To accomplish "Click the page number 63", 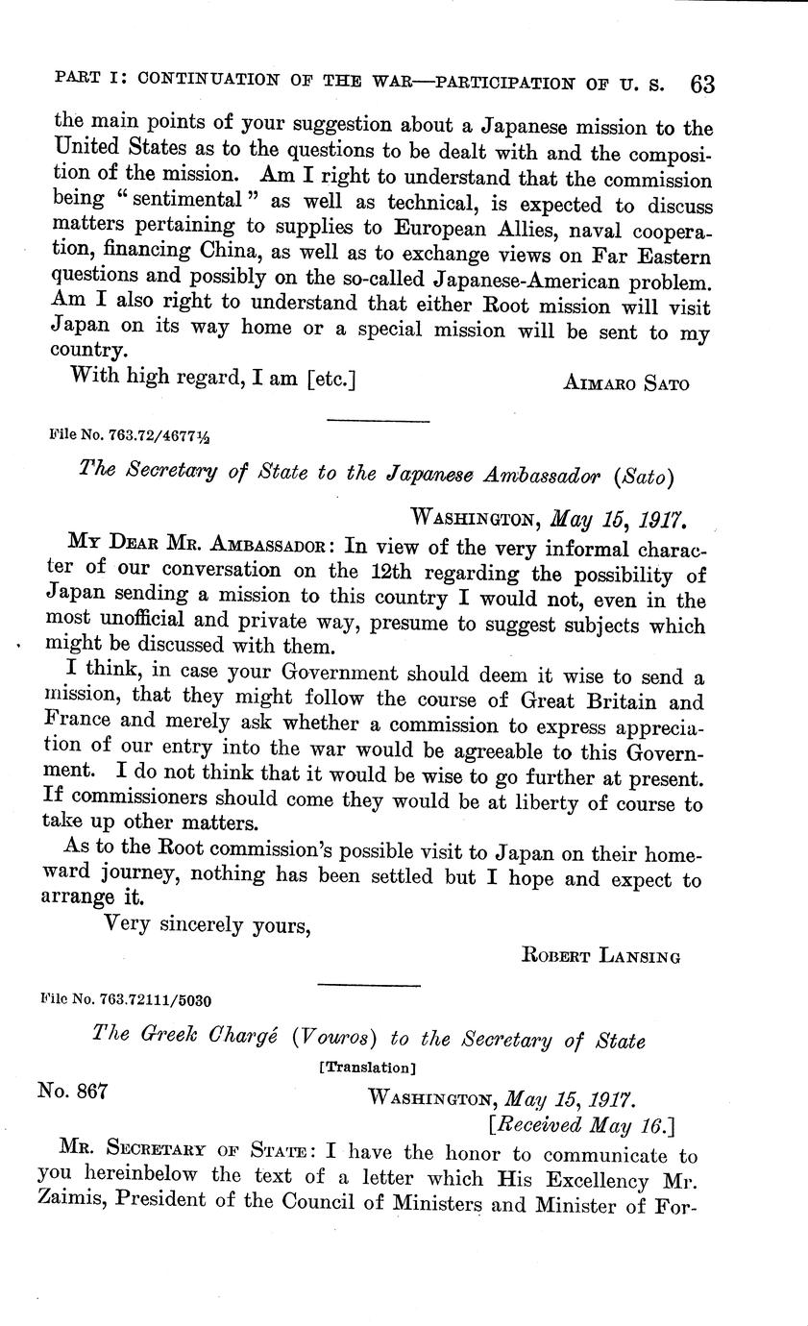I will (x=701, y=84).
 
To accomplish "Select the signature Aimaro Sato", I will (x=624, y=382).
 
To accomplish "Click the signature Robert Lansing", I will (x=600, y=955).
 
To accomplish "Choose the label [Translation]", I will (x=367, y=1067).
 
